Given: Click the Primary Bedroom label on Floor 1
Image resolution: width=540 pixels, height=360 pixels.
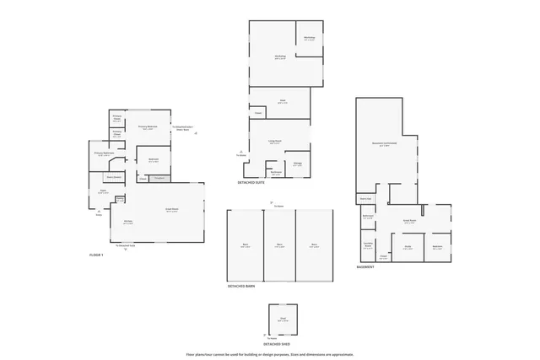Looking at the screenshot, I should (x=148, y=128).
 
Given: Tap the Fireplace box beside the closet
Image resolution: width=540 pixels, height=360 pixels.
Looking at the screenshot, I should (x=159, y=178).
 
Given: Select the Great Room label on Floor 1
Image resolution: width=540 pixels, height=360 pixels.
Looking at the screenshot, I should (x=171, y=211).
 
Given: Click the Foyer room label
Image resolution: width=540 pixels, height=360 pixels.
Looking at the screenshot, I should (x=103, y=191).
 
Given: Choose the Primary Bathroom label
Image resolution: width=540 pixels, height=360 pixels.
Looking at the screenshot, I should (x=105, y=154).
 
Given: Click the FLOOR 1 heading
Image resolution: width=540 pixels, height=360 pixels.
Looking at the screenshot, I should (x=96, y=254).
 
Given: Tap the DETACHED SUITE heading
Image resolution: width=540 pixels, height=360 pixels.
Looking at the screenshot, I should (x=251, y=181).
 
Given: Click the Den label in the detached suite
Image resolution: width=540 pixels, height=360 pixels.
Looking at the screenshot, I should (x=282, y=102).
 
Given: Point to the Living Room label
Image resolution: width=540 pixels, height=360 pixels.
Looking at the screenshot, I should (x=275, y=142).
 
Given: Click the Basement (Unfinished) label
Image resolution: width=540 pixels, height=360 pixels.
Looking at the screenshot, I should (x=385, y=144).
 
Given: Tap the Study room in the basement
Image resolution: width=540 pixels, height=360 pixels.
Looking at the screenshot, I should (x=408, y=247).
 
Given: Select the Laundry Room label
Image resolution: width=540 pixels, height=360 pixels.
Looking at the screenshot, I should (x=368, y=245).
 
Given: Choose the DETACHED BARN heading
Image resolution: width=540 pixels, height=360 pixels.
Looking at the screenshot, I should (x=240, y=286).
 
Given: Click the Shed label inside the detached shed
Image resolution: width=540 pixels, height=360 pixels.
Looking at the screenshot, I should (x=284, y=320).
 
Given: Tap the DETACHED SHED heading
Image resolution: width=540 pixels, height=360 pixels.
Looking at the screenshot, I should (x=277, y=344).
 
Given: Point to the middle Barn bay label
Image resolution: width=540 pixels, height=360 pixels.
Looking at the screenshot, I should (x=279, y=245).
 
